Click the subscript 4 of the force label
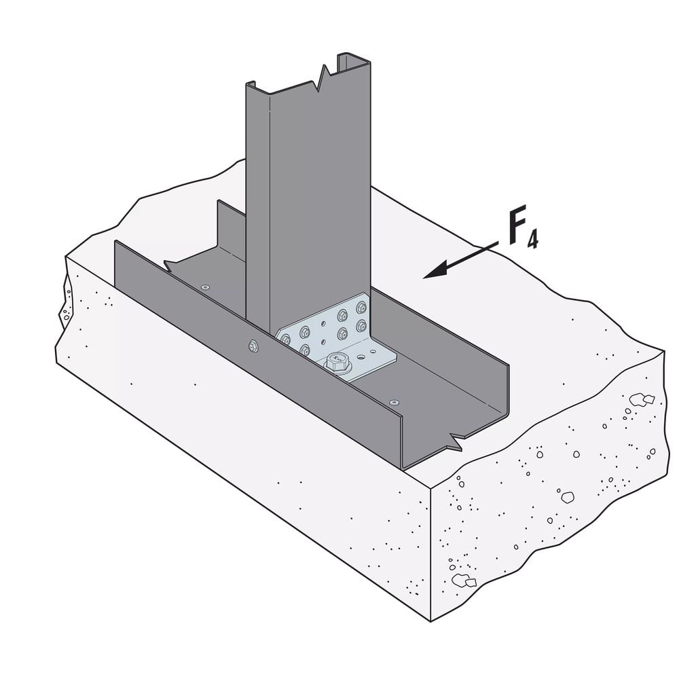pyautogui.click(x=532, y=239)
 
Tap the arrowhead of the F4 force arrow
pyautogui.click(x=435, y=271)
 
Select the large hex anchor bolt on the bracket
pyautogui.click(x=337, y=362)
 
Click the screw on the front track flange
pyautogui.click(x=253, y=346)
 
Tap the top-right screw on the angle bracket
pyautogui.click(x=361, y=308)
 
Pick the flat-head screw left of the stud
pyautogui.click(x=205, y=287)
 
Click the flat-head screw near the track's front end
pyautogui.click(x=394, y=402)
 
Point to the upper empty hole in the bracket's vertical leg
pyautogui.click(x=323, y=324)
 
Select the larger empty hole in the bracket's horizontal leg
pyautogui.click(x=361, y=357)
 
